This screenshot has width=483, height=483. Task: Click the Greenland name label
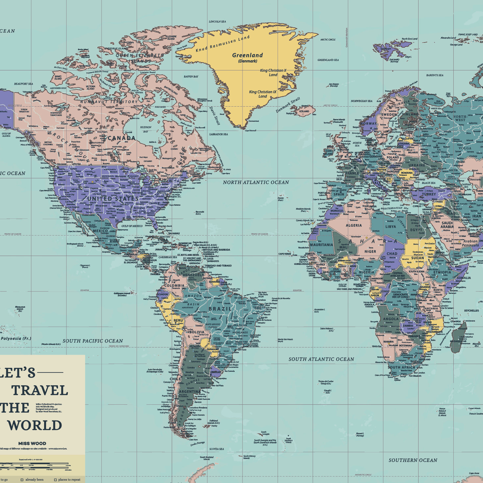click(x=247, y=55)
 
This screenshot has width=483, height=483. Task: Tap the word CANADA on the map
click(x=121, y=138)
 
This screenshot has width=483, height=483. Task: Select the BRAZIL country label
click(x=220, y=309)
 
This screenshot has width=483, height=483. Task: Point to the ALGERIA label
click(x=354, y=225)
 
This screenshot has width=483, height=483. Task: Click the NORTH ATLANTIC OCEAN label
click(x=256, y=182)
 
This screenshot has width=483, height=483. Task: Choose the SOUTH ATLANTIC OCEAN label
click(x=321, y=359)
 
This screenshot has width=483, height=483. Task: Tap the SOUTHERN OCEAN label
click(x=413, y=460)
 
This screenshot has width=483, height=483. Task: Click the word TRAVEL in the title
click(x=40, y=391)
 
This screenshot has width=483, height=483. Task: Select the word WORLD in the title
click(x=35, y=425)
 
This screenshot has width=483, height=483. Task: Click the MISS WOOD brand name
click(x=32, y=443)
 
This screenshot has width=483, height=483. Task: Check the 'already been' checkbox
click(x=22, y=480)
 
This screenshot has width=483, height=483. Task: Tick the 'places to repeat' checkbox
click(x=55, y=480)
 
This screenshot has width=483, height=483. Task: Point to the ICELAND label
click(x=304, y=111)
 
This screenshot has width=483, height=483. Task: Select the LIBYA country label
click(x=391, y=226)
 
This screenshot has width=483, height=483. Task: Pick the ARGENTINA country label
click(x=189, y=392)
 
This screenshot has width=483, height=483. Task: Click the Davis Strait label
click(x=214, y=115)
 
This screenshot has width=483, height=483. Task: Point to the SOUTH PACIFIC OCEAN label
click(x=92, y=341)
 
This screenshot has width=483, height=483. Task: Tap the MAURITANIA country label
click(x=321, y=245)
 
